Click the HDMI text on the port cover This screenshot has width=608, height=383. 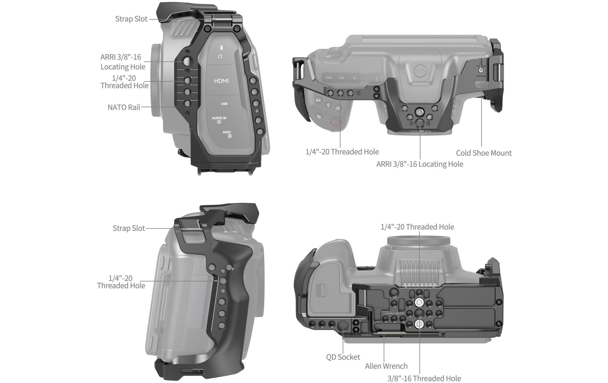click(221, 81)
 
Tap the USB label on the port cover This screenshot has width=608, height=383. click(224, 104)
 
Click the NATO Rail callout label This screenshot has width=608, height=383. click(124, 107)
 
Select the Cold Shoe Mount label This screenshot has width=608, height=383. click(484, 153)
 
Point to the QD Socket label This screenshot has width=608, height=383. click(343, 357)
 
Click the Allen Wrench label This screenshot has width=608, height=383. click(386, 366)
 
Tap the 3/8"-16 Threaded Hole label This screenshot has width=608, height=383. click(424, 378)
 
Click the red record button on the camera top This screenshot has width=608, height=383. click(335, 123)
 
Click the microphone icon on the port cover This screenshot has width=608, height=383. click(221, 48)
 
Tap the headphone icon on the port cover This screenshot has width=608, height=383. click(220, 56)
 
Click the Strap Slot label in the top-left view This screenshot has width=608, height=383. click(131, 19)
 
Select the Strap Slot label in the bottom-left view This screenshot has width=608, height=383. click(129, 228)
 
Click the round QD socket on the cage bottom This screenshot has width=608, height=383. click(343, 326)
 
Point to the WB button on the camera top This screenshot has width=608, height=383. click(318, 100)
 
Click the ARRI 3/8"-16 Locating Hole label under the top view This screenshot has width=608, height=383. click(420, 164)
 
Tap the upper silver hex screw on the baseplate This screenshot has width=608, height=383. click(419, 303)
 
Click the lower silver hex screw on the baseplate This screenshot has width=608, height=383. click(419, 324)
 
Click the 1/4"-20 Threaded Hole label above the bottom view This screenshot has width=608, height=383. click(417, 227)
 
